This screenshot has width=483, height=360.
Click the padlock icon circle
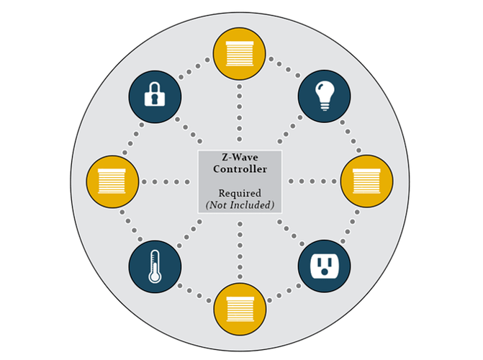pos(154,95)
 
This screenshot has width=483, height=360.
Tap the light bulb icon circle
pos(325,95)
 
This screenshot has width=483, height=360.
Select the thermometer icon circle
pos(154,265)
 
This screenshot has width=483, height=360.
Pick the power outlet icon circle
pos(325,265)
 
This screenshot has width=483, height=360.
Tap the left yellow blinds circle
pos(112,181)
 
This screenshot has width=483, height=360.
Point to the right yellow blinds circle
pos(366,181)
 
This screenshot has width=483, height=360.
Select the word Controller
pos(240,169)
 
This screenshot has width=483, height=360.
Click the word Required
pos(240,193)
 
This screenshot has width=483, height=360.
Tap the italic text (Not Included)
pos(240,204)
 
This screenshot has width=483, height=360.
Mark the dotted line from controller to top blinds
pos(240,115)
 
